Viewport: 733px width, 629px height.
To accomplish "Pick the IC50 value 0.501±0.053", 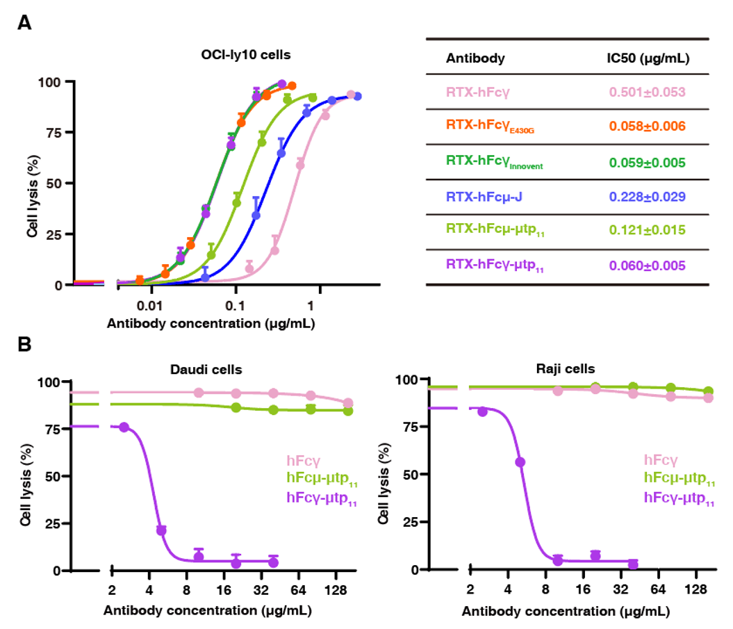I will (x=647, y=92).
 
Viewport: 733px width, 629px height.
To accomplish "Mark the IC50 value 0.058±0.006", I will (x=647, y=126).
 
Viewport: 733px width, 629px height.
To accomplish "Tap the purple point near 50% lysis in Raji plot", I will (x=520, y=462).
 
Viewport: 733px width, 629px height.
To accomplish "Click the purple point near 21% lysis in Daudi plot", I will (x=160, y=530).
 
